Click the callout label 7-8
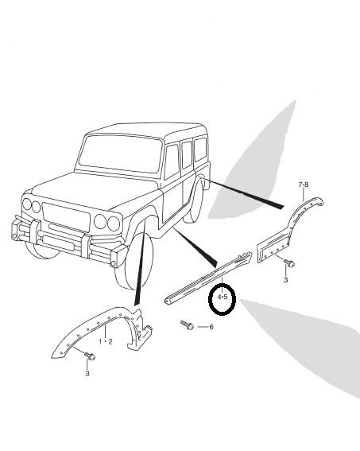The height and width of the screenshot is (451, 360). [x=304, y=185]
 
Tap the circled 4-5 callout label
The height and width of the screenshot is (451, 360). [x=223, y=297]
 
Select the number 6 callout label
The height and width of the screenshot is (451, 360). [x=211, y=327]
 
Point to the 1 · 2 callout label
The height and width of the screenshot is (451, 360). [x=106, y=341]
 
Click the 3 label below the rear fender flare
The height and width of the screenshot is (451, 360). [x=285, y=279]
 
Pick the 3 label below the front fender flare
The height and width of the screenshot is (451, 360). [x=87, y=373]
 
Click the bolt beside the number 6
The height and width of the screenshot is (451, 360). [x=187, y=325]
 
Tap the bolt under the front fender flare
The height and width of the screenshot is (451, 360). [x=90, y=356]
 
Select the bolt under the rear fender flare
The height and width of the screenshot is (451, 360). [x=289, y=262]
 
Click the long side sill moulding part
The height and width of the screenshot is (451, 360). [x=208, y=278]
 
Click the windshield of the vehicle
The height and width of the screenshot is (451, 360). [x=120, y=154]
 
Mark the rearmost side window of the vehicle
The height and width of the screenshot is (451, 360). [x=200, y=150]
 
